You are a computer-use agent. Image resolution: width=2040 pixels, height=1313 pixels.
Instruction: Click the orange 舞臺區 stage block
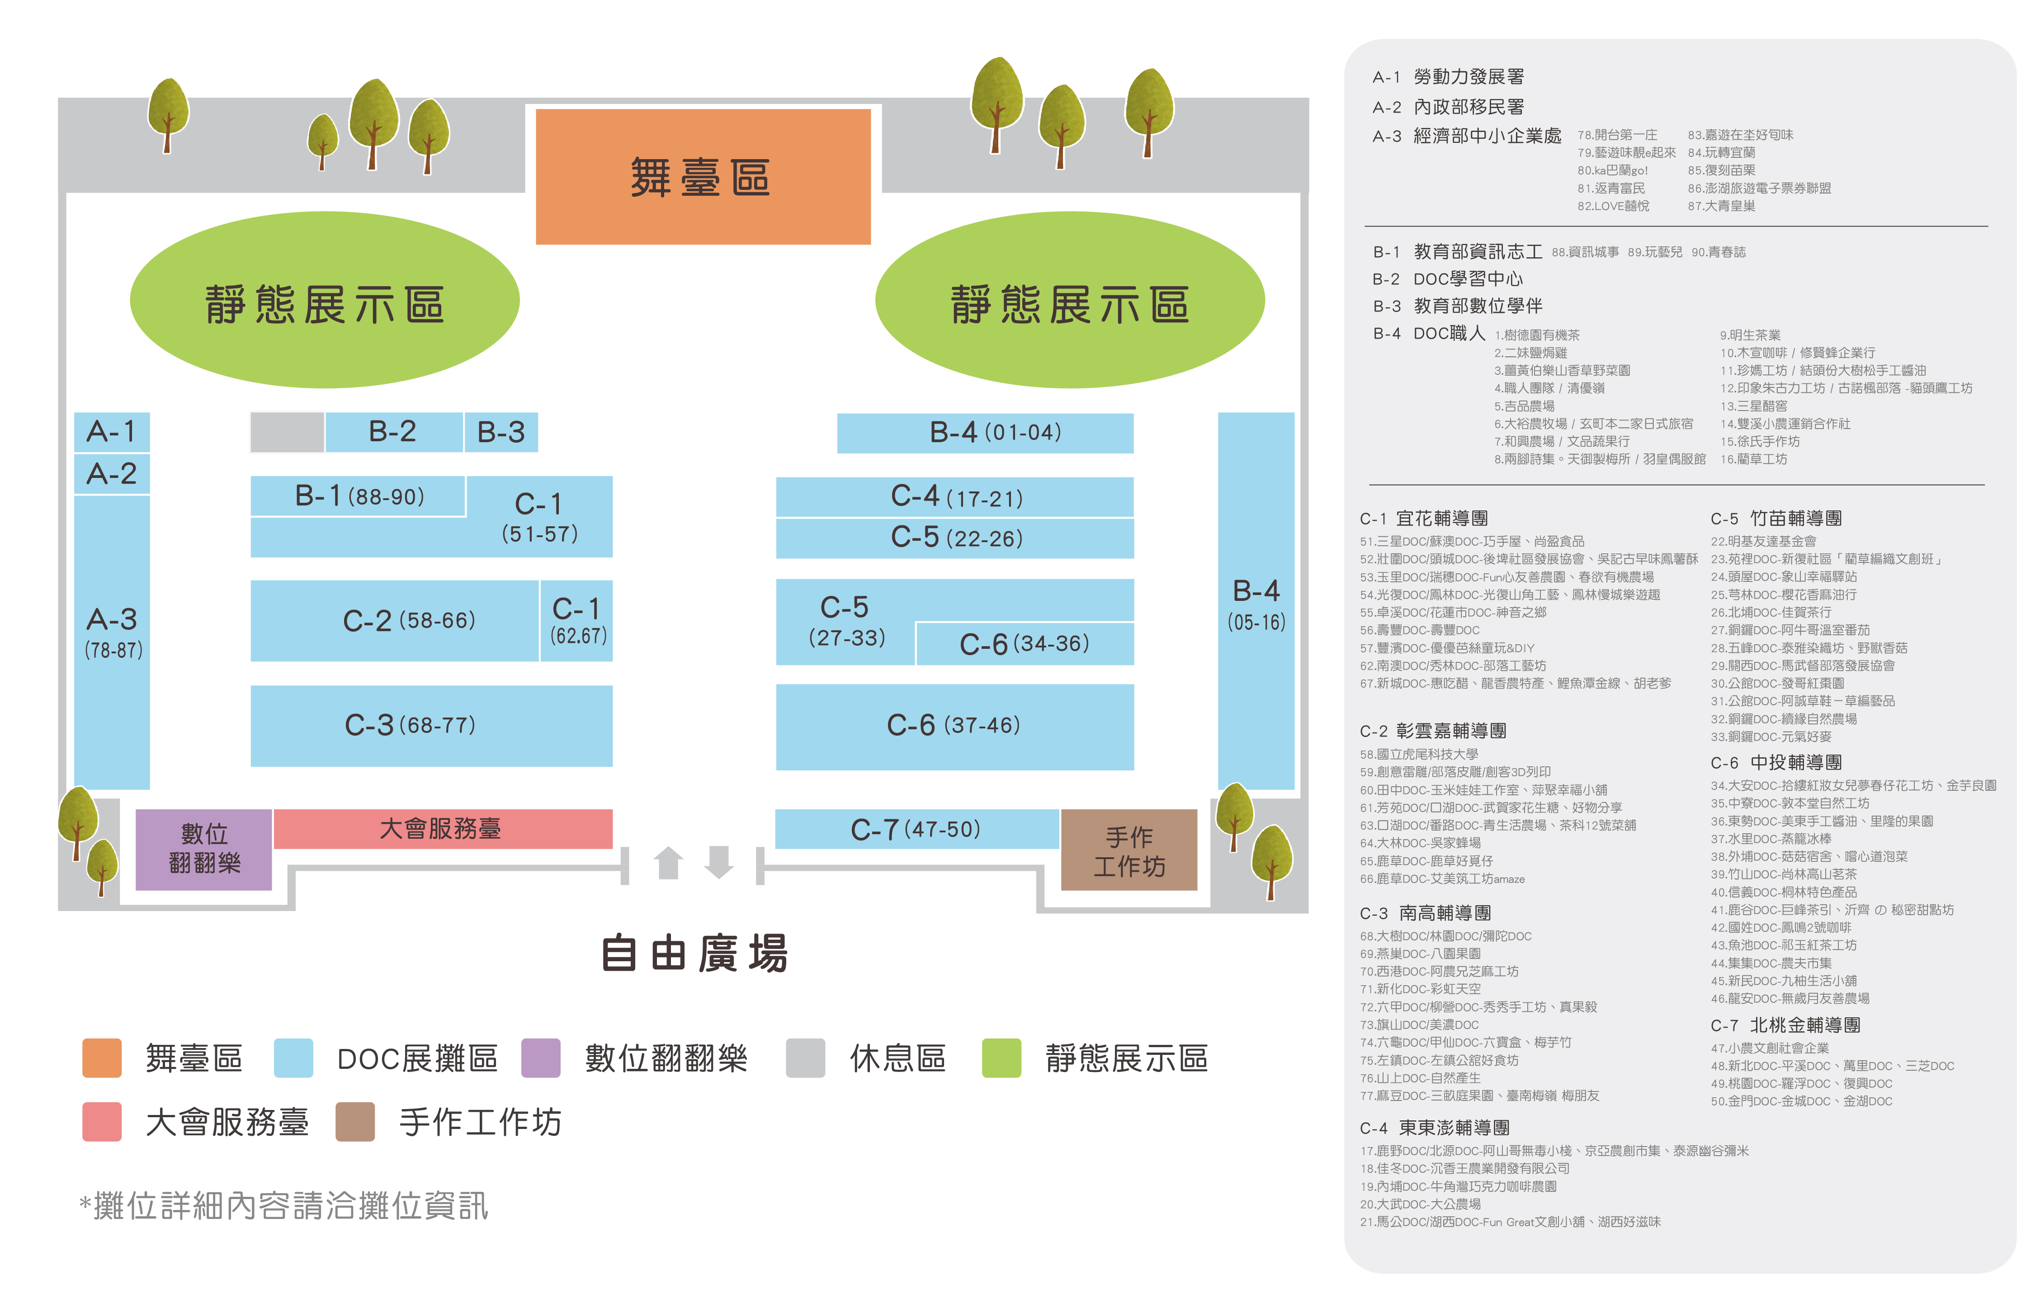coord(703,176)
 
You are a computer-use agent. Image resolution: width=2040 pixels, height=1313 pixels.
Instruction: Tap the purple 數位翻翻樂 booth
coord(204,848)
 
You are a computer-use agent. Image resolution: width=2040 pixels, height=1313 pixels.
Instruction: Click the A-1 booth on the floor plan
coord(112,431)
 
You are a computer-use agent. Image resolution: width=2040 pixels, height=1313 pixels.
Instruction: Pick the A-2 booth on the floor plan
coord(112,474)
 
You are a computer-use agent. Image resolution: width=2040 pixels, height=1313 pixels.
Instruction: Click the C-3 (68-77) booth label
coord(410,725)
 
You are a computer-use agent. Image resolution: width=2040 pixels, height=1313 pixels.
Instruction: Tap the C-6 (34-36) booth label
coord(1024,644)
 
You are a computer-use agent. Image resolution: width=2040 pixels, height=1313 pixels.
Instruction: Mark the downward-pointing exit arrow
coord(719,862)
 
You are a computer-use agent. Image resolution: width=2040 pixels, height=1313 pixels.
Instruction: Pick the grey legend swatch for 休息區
coord(805,1058)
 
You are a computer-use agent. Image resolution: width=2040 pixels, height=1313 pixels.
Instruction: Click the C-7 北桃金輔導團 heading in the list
coord(1785,1025)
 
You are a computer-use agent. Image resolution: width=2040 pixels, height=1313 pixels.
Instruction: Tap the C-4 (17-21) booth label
coord(956,496)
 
